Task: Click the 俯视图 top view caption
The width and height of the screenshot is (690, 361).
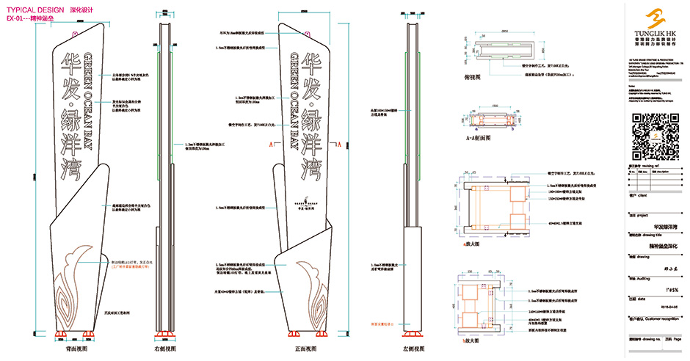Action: [468, 76]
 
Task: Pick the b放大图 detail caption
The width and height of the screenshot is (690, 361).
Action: [469, 340]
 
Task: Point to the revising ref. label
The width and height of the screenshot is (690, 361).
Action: [645, 167]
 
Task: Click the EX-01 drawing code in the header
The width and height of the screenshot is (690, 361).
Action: [15, 15]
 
